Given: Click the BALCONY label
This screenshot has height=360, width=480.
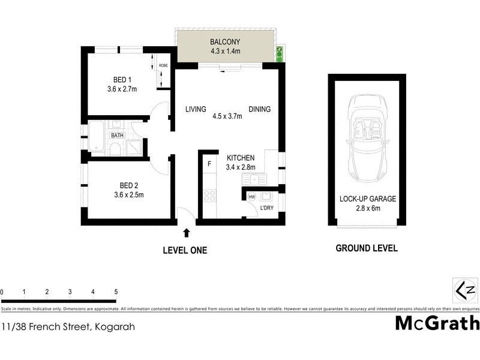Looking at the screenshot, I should pyautogui.click(x=225, y=42).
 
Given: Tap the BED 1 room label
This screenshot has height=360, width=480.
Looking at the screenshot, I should pyautogui.click(x=122, y=80).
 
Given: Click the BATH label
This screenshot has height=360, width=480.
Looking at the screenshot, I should pyautogui.click(x=116, y=136).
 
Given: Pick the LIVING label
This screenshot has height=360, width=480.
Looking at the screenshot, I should pyautogui.click(x=196, y=109).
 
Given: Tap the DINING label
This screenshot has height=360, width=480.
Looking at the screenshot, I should pyautogui.click(x=259, y=109).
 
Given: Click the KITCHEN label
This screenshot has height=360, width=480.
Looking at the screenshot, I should pyautogui.click(x=241, y=158).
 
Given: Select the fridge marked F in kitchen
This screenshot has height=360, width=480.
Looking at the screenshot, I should pyautogui.click(x=209, y=163).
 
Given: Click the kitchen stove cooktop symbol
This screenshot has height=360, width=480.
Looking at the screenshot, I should pyautogui.click(x=209, y=196).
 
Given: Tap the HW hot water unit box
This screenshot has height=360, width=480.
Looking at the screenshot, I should pyautogui.click(x=251, y=196).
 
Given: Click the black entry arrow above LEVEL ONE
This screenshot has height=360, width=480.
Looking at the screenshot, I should pyautogui.click(x=187, y=232).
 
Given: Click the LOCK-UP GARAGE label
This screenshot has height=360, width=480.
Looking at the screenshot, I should pyautogui.click(x=367, y=199).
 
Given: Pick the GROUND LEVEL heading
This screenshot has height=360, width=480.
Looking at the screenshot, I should pyautogui.click(x=366, y=248).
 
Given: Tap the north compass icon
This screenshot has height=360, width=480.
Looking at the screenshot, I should pyautogui.click(x=465, y=290).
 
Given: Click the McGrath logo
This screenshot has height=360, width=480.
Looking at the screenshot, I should pyautogui.click(x=437, y=323).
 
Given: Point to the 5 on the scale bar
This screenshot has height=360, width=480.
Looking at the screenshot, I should pyautogui.click(x=116, y=292).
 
